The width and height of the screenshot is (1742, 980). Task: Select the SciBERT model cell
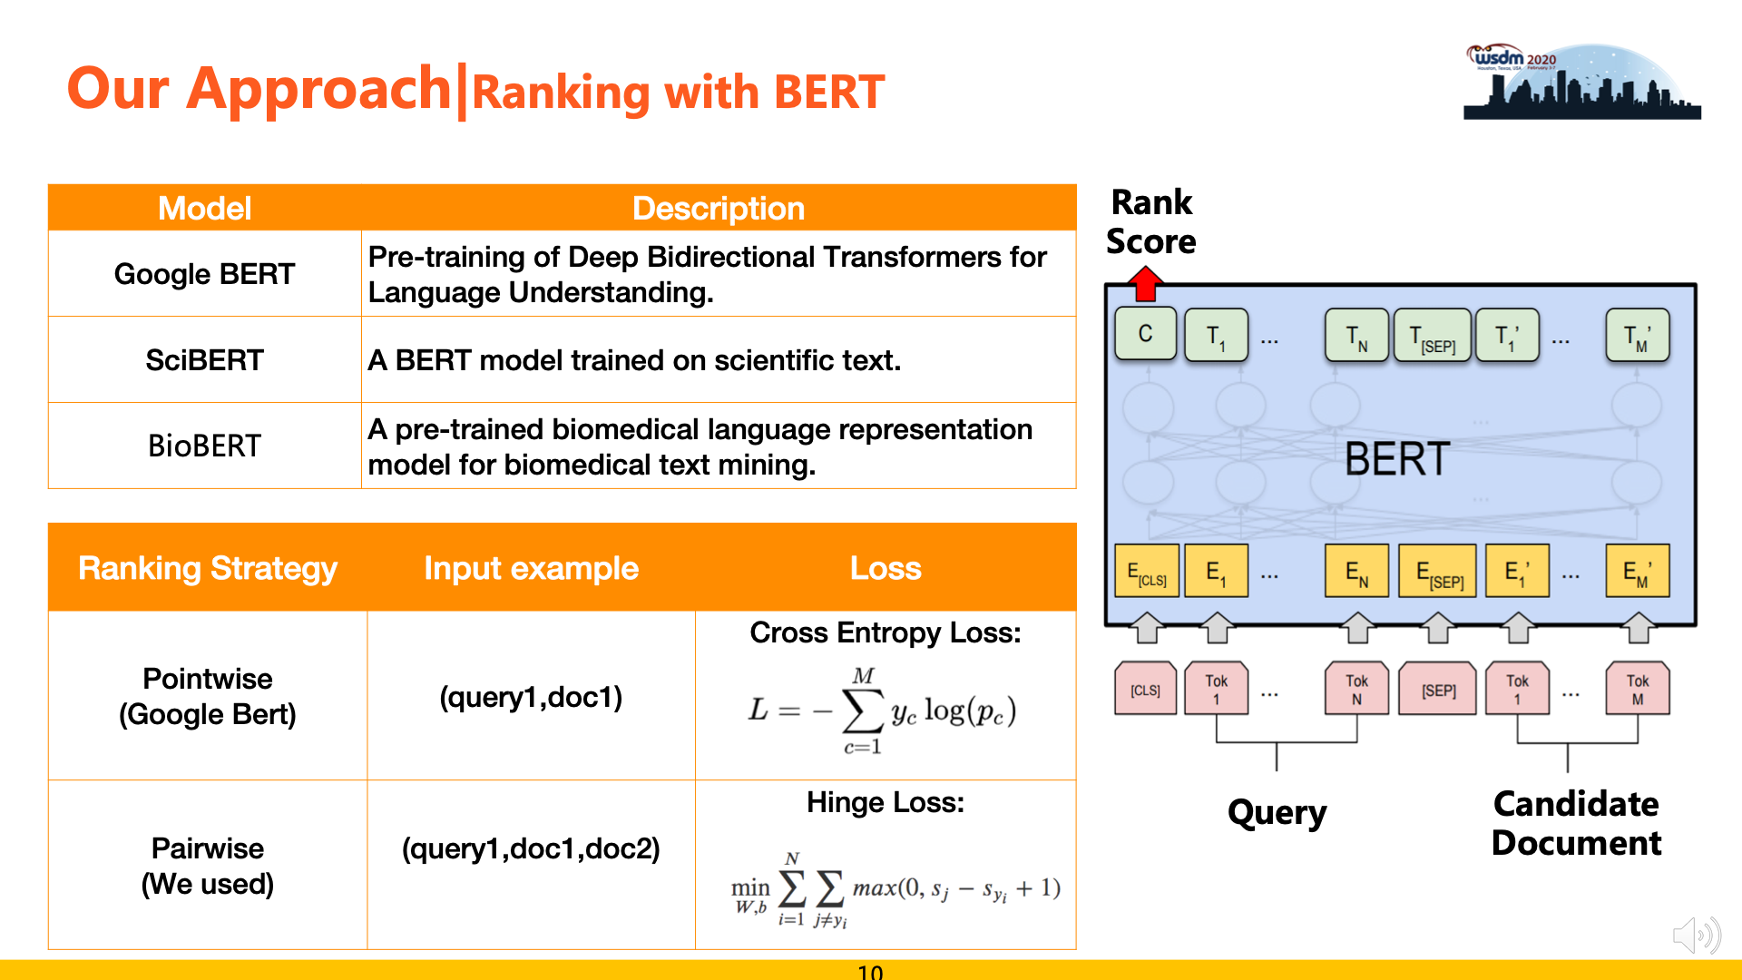point(205,360)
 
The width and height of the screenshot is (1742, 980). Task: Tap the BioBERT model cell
point(205,446)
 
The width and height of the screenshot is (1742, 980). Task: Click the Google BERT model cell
point(205,274)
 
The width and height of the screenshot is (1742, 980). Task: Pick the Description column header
point(719,208)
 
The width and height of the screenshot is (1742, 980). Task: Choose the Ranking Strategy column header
point(208,568)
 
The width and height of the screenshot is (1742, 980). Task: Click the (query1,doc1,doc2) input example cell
point(531,848)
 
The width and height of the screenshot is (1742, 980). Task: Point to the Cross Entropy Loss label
point(886,632)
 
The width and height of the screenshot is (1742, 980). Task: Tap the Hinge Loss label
point(886,802)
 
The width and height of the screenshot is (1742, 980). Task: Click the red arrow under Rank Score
point(1146,283)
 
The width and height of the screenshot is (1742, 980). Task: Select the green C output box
point(1146,334)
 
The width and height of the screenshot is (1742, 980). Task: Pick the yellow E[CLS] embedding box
point(1147,572)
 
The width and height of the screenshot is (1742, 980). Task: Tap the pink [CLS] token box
point(1146,690)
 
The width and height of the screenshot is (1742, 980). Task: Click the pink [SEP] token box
point(1438,690)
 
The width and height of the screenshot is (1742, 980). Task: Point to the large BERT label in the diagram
point(1397,459)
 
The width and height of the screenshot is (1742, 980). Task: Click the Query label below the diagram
point(1277,812)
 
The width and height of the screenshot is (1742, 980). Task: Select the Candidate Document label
point(1577,823)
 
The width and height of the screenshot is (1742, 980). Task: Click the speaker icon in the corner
point(1697,935)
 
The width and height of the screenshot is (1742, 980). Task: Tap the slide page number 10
point(870,972)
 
